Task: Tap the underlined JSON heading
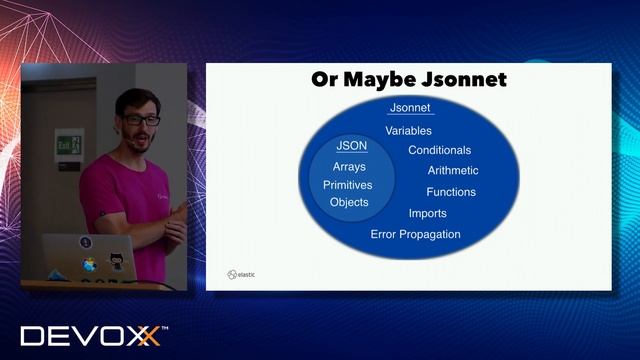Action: (x=350, y=146)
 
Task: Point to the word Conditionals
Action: (x=439, y=150)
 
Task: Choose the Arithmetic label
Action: (x=453, y=171)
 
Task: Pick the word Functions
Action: (x=451, y=192)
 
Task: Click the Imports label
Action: (x=427, y=213)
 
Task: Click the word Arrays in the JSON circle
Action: (x=349, y=167)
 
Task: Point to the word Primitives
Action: (x=348, y=185)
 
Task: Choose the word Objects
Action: (x=349, y=202)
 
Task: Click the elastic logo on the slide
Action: (x=240, y=273)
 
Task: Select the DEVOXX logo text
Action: (x=90, y=335)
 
